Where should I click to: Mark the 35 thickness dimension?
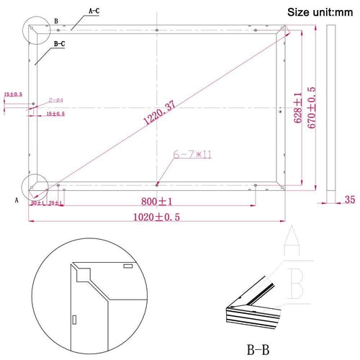click(x=350, y=199)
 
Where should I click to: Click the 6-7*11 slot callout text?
click(x=186, y=154)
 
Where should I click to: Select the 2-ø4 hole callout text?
click(x=57, y=99)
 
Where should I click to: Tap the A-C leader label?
click(x=94, y=12)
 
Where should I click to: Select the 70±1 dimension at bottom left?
click(x=55, y=204)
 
